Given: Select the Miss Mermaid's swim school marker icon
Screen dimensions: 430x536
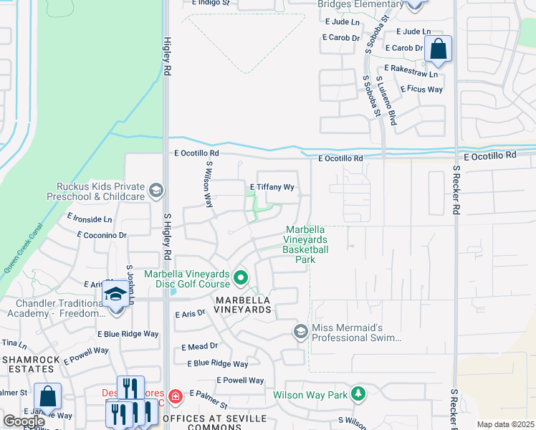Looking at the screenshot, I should tap(300, 330).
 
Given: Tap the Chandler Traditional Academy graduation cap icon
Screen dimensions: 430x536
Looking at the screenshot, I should tap(115, 295).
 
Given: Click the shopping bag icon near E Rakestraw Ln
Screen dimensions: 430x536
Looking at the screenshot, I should tap(438, 50).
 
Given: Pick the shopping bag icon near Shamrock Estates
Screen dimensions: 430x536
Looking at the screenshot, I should tap(47, 396).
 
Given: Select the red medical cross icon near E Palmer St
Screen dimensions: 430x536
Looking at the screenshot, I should tap(175, 396).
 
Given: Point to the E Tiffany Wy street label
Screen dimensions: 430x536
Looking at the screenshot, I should tap(272, 187).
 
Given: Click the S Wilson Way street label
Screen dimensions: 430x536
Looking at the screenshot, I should tap(210, 184).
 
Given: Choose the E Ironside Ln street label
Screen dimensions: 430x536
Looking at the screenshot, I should tap(90, 218).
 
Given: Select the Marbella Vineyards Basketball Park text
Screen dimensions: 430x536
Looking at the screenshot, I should tap(305, 244).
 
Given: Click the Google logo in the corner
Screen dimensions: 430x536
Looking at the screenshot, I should tap(24, 421).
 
